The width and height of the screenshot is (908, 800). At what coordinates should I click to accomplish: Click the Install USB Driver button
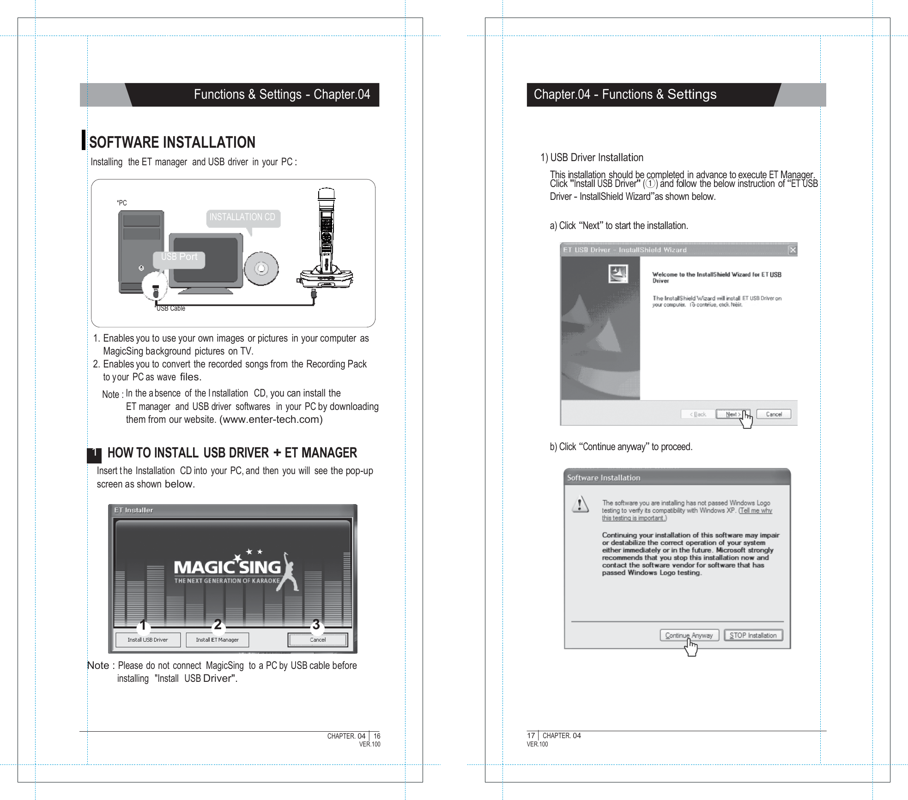click(148, 640)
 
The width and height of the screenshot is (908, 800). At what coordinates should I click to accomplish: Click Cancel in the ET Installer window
click(318, 640)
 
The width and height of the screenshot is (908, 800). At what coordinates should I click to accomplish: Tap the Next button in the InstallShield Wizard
click(732, 414)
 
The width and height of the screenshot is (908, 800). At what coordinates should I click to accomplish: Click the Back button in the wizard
click(697, 414)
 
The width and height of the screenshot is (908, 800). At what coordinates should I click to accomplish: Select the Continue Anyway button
click(689, 635)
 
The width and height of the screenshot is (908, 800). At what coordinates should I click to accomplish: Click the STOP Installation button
click(753, 635)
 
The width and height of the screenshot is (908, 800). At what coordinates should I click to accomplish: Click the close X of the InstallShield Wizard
click(793, 250)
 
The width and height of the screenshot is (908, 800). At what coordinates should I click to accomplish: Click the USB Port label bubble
click(179, 258)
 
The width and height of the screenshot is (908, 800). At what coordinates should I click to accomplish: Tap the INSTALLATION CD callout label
click(242, 217)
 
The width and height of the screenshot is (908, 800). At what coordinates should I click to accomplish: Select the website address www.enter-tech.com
click(271, 420)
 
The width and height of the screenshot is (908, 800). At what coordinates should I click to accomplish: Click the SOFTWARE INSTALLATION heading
click(172, 142)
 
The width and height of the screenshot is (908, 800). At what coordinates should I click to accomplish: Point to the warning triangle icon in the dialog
click(580, 504)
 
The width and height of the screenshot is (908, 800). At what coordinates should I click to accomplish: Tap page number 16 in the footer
click(377, 736)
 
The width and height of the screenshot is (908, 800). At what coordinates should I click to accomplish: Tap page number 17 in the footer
click(531, 735)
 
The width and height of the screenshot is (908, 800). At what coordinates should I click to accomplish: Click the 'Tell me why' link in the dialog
click(756, 511)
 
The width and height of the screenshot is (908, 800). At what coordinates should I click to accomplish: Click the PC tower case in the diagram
click(141, 252)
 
